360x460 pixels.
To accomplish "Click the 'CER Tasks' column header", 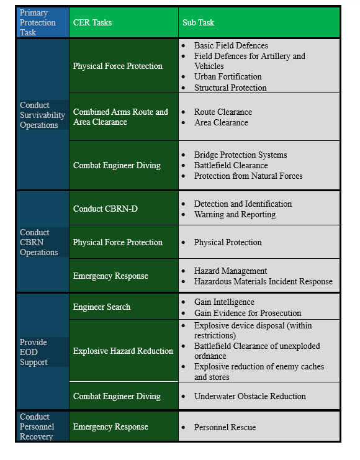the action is click(x=92, y=22).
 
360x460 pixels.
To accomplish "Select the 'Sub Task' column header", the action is click(x=198, y=22).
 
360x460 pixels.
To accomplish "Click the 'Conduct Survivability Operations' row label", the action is click(x=42, y=115).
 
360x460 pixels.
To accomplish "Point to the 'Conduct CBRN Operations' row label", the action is click(x=38, y=242).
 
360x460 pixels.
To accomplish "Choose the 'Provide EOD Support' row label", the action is click(x=34, y=352).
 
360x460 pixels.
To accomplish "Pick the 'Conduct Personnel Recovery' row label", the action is click(x=36, y=426).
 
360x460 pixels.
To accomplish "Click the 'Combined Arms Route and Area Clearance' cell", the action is click(x=120, y=117).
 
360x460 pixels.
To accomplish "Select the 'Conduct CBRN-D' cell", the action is click(x=106, y=208).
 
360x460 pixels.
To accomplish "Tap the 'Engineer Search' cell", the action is click(x=102, y=307).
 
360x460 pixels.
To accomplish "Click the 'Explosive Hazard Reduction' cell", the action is click(x=123, y=351).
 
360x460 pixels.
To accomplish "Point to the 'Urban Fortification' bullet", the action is click(x=228, y=77).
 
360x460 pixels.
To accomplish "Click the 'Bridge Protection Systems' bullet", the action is click(x=240, y=155).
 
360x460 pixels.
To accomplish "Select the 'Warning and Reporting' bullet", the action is click(x=235, y=214).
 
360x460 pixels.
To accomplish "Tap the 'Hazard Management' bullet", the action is click(x=230, y=271).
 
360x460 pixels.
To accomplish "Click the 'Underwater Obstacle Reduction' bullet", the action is click(x=250, y=396).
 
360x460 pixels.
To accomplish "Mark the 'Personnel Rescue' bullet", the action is click(x=225, y=427).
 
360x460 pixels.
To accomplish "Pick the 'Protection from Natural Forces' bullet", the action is click(x=248, y=176).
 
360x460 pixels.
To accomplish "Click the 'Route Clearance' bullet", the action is click(x=223, y=112).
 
